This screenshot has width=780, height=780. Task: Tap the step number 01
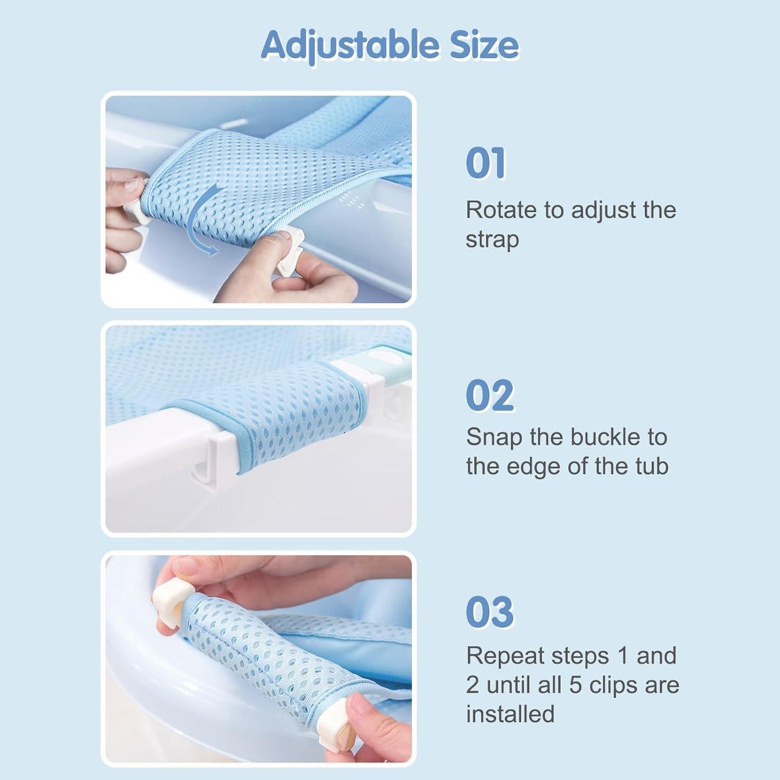(x=486, y=163)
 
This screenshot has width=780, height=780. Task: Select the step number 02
(x=490, y=396)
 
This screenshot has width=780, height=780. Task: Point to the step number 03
(x=490, y=612)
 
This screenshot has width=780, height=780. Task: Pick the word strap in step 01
(x=492, y=240)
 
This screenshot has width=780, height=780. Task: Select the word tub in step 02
(x=652, y=466)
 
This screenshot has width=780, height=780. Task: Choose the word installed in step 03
(x=510, y=714)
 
